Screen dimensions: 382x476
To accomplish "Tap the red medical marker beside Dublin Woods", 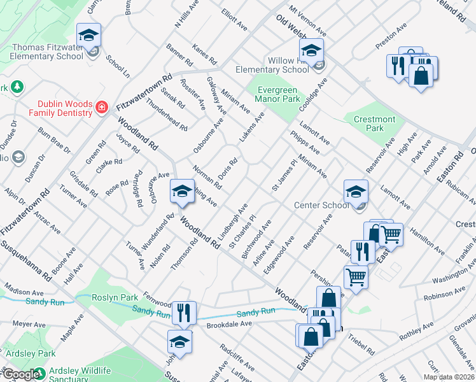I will (101, 107).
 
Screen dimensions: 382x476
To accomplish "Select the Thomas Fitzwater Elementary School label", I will (47, 51).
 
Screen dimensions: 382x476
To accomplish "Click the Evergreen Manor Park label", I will (277, 95).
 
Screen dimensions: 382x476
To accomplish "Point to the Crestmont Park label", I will (375, 124).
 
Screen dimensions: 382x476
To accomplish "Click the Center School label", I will (322, 205).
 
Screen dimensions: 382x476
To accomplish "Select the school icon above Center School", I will (356, 191).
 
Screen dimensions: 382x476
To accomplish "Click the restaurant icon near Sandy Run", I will (183, 312).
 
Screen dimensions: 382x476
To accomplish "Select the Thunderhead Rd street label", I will (166, 114).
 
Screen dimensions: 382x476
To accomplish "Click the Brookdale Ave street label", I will (229, 324).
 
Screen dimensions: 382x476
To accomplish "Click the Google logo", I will (20, 374).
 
